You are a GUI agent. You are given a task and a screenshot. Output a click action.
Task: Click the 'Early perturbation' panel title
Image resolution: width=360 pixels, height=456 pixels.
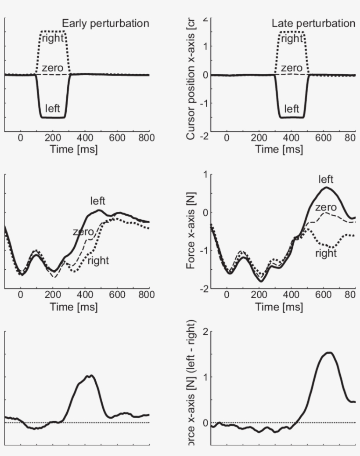[105, 24]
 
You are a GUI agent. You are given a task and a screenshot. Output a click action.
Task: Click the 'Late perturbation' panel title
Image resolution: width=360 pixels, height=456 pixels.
[313, 24]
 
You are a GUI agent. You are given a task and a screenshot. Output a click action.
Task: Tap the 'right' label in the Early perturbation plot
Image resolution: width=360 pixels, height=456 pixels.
[53, 38]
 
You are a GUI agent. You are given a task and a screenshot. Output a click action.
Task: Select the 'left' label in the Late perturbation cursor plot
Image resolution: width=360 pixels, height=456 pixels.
[292, 109]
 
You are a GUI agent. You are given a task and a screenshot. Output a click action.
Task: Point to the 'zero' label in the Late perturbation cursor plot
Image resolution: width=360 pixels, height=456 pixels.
[292, 68]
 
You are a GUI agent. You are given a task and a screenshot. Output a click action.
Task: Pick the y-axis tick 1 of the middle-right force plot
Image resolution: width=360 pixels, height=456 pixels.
[205, 175]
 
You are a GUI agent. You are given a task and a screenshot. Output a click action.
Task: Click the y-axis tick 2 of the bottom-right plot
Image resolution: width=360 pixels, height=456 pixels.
[205, 332]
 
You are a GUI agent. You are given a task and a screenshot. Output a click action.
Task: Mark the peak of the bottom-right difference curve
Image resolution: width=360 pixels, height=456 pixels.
[329, 352]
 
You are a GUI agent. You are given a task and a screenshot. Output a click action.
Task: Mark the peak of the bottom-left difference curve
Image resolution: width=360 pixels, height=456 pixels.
[91, 376]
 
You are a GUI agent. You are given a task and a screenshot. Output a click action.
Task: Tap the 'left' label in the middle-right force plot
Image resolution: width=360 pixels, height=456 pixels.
[326, 179]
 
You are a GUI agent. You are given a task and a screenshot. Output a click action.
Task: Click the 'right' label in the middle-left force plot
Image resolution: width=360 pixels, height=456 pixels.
[98, 261]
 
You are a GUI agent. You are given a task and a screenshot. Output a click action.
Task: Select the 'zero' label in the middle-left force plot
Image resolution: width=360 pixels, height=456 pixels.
[83, 232]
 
